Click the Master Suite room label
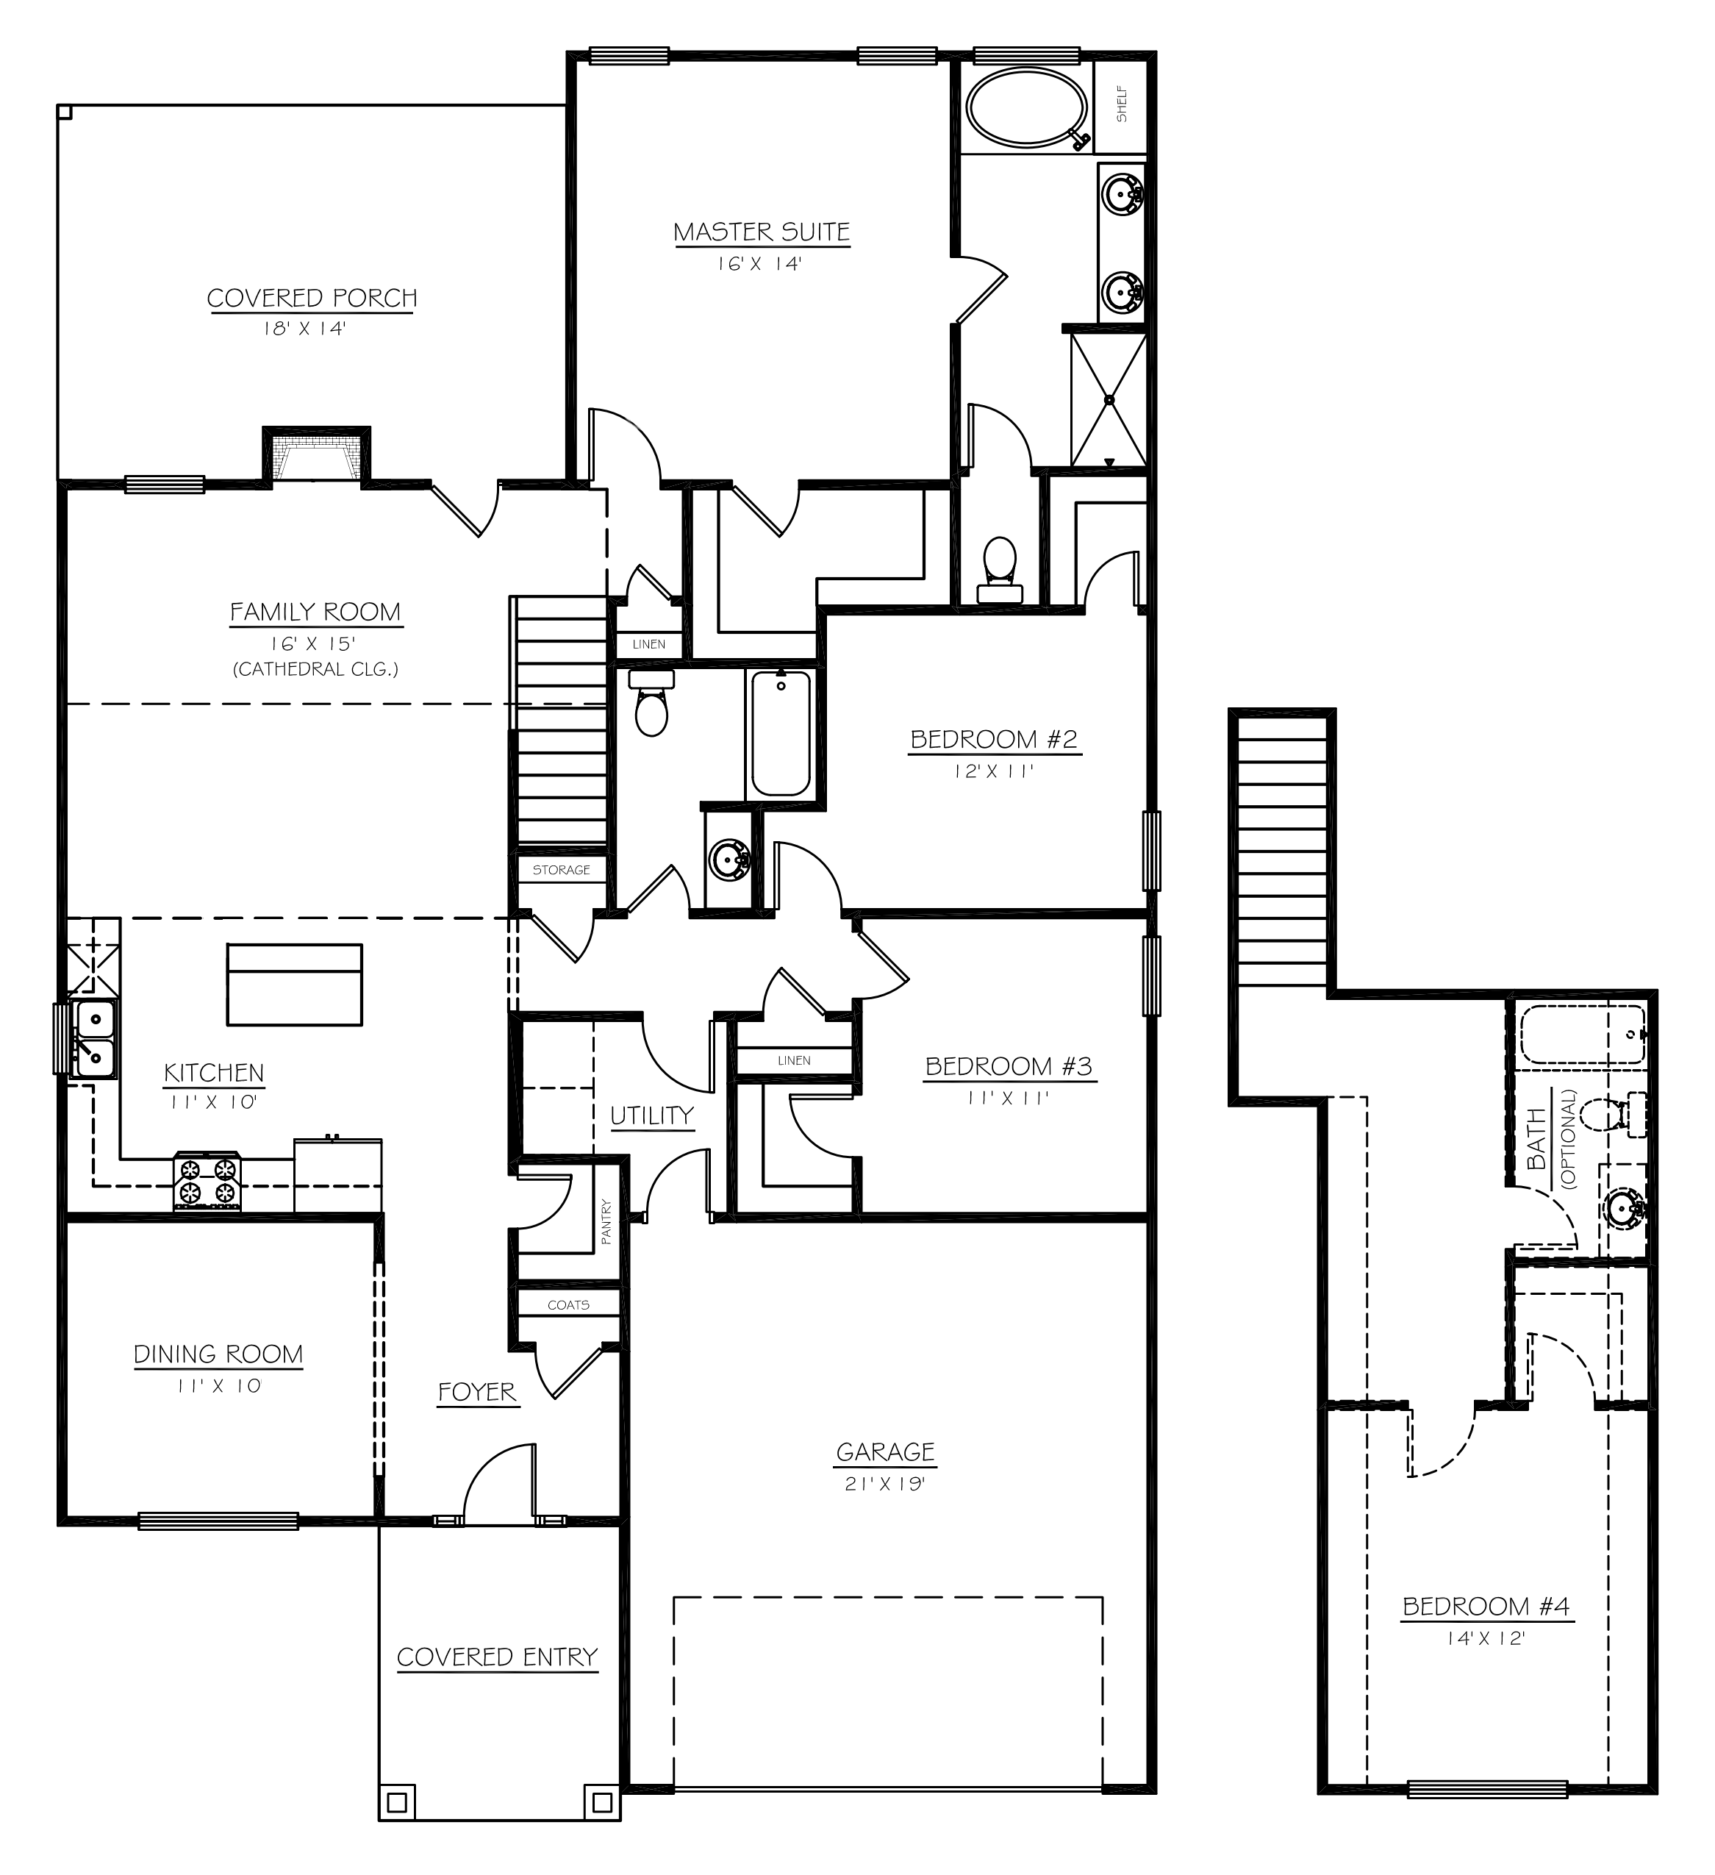(761, 232)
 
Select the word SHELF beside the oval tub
(1122, 104)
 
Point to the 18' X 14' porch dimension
(304, 329)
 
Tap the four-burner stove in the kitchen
(207, 1180)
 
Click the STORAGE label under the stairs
(561, 870)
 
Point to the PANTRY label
(606, 1222)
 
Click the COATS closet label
(568, 1305)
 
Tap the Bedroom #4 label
(1485, 1606)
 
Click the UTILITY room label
(652, 1115)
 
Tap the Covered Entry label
(497, 1657)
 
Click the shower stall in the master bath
(1109, 400)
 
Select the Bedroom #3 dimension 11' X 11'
(1007, 1098)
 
